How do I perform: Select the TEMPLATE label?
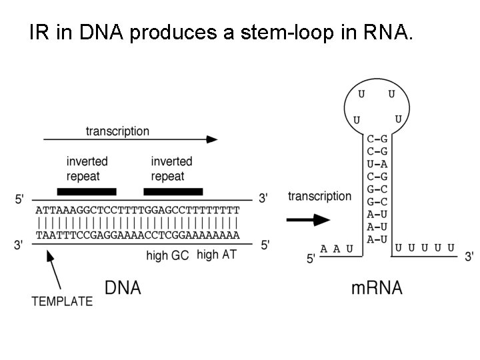62,301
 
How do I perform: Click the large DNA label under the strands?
123,288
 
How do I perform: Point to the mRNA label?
377,288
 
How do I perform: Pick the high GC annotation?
167,255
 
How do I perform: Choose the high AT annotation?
217,255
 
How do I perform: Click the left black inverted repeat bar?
87,192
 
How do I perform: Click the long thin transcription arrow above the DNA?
131,139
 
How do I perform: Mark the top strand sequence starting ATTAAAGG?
137,209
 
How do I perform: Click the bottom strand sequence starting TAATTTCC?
137,235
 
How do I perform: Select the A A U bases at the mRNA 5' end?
337,249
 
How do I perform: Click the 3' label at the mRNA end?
469,256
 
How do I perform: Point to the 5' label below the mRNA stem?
311,259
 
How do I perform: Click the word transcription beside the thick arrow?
319,196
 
